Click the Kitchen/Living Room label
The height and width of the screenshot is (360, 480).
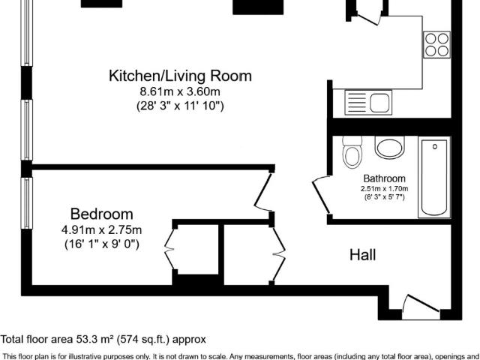(180, 76)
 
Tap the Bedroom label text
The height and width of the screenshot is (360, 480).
(102, 214)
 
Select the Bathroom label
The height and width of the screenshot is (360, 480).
(384, 178)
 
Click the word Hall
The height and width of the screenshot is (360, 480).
(363, 255)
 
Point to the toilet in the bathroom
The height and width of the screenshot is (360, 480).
(352, 152)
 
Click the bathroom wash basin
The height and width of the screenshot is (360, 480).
(389, 148)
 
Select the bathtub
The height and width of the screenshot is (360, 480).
(434, 178)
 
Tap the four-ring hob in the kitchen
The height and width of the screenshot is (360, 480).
(436, 45)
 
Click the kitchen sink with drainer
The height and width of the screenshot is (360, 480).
(368, 103)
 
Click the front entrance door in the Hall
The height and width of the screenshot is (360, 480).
(421, 306)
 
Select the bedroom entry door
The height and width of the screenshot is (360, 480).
(264, 192)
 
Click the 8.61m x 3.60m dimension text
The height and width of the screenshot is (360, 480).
(180, 91)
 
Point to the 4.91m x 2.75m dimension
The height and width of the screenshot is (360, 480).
(102, 229)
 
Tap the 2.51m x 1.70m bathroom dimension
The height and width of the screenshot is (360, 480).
(384, 189)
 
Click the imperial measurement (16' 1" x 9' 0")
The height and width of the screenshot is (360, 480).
(102, 244)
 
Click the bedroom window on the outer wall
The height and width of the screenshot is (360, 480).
(27, 202)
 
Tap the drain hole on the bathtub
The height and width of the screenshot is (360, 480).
(435, 147)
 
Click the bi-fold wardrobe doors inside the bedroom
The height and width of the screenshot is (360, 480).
(169, 248)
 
